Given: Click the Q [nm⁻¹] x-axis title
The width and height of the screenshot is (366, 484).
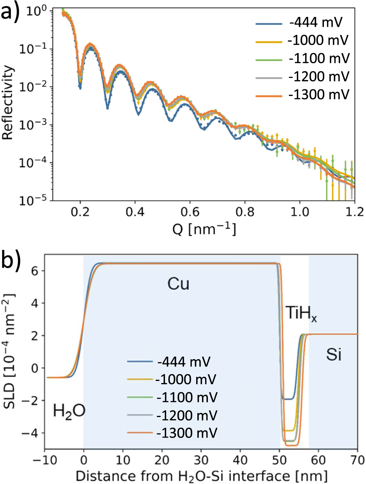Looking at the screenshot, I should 204,229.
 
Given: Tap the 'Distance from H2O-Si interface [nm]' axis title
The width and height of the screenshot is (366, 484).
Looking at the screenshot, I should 201,476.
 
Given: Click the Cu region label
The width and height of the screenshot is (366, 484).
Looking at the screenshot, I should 178,284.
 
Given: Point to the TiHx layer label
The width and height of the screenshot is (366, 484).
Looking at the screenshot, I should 301,314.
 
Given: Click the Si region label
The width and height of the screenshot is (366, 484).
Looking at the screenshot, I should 334,354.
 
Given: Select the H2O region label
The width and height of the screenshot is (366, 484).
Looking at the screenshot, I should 69,411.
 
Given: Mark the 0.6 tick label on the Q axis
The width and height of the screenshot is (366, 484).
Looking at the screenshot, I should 190,212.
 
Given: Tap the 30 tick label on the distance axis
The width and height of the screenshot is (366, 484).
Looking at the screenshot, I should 201,459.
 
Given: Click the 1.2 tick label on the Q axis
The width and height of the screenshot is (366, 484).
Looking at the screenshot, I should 354,212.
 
